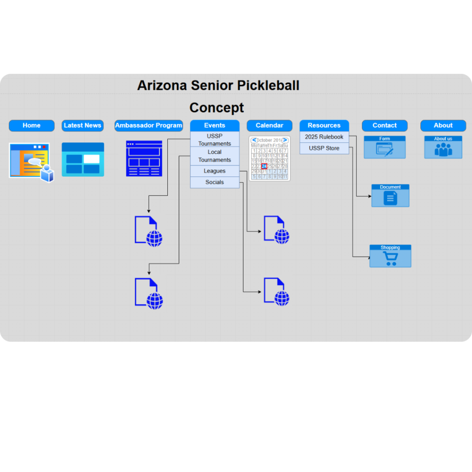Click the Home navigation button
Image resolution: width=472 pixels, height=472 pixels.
[31, 125]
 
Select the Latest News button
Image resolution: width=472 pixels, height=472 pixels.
[83, 125]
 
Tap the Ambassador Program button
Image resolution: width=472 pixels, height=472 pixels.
[148, 125]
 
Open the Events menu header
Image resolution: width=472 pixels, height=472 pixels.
[214, 125]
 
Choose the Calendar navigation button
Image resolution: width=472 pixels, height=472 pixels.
[269, 125]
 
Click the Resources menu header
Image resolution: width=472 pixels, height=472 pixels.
[324, 125]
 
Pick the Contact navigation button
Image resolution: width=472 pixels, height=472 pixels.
[384, 125]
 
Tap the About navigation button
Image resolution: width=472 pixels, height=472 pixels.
[443, 125]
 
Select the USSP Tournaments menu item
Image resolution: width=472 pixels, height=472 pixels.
[214, 140]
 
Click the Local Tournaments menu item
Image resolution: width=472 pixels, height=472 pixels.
[214, 156]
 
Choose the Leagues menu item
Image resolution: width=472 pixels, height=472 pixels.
[214, 171]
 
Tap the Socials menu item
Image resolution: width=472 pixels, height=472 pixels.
[214, 183]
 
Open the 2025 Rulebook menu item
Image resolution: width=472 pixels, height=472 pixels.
[324, 137]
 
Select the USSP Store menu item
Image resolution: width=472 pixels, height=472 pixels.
[324, 148]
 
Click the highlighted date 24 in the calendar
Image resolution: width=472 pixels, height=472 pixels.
[264, 166]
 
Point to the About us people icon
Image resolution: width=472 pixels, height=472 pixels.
[443, 149]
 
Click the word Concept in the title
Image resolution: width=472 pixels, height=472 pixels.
[217, 108]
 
